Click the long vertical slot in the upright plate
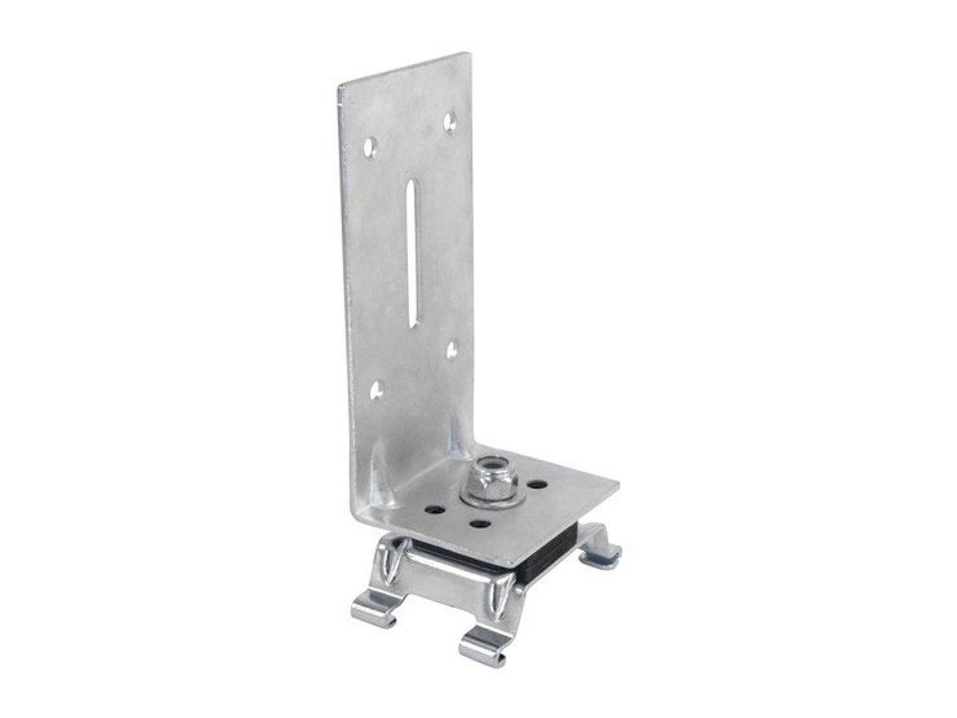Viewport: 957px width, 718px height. pyautogui.click(x=412, y=252)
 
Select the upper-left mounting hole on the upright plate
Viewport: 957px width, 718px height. pyautogui.click(x=369, y=147)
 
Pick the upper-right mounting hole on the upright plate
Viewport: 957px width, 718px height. pyautogui.click(x=451, y=122)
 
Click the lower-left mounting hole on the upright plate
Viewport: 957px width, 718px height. pyautogui.click(x=376, y=389)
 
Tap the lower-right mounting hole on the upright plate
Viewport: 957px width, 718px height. pyautogui.click(x=452, y=349)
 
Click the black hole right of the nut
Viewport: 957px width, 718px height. pyautogui.click(x=538, y=484)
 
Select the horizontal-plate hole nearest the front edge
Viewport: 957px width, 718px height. pyautogui.click(x=480, y=525)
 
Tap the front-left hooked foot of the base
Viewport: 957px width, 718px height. pyautogui.click(x=375, y=608)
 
